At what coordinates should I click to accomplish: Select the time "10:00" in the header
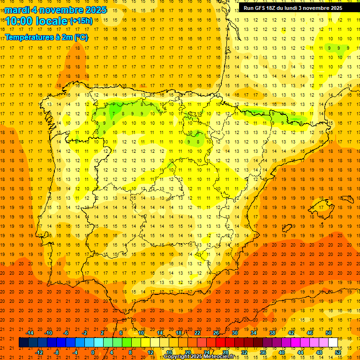20,21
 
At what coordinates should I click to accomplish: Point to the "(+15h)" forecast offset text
81,21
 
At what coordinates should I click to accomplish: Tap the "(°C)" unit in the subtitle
81,37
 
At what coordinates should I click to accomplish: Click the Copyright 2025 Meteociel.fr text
199,357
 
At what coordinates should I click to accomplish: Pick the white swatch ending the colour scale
333,343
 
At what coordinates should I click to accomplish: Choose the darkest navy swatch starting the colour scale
23,343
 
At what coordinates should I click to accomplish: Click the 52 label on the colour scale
338,352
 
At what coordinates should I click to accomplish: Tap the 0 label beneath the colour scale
93,352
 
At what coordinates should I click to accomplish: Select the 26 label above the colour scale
216,333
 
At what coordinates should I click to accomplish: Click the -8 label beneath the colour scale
57,352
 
